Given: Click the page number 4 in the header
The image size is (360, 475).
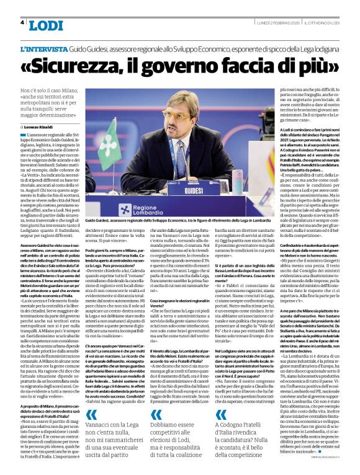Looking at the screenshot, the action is [x=22, y=22].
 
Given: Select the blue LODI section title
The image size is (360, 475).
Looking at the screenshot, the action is [x=46, y=25].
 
